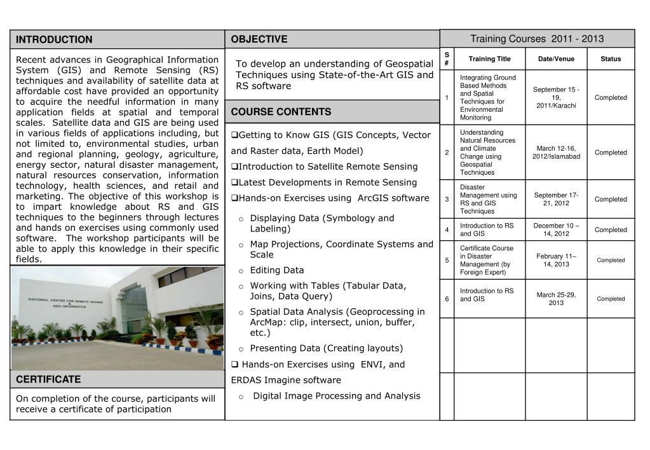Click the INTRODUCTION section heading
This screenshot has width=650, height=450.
(54, 39)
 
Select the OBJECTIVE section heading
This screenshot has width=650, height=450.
(259, 39)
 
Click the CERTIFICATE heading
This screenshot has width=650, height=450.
(48, 379)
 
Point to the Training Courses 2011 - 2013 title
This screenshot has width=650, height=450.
(537, 39)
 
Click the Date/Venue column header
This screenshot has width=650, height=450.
(556, 59)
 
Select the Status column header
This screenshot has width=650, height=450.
(610, 59)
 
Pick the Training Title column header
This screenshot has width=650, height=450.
(489, 59)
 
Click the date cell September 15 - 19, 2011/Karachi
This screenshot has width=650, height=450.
(556, 97)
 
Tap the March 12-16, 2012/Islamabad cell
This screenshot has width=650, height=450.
(556, 153)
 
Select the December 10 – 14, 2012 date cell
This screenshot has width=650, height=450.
(556, 229)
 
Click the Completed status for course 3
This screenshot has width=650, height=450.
(610, 200)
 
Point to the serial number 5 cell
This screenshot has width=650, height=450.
(447, 260)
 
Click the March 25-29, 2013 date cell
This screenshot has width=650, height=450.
(556, 299)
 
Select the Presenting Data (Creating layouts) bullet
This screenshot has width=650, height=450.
(326, 348)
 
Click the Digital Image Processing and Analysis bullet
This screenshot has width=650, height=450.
(336, 396)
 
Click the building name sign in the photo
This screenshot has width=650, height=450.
(65, 301)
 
